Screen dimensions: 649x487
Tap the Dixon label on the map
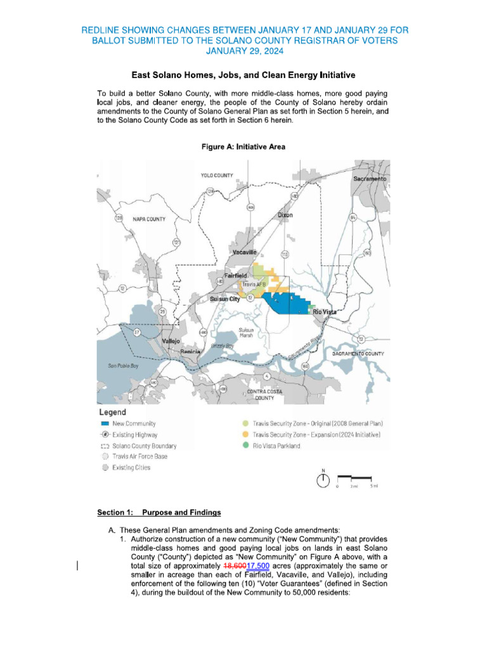[285, 215]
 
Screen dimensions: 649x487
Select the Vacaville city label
[243, 252]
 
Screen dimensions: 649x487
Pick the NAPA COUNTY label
[149, 219]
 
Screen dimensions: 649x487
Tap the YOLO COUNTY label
[217, 176]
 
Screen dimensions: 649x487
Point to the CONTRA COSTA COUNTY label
[260, 395]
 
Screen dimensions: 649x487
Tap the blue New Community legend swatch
[105, 423]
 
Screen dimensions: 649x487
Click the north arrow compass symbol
[323, 480]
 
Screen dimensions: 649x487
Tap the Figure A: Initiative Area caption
[243, 147]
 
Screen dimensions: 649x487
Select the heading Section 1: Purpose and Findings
[159, 512]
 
